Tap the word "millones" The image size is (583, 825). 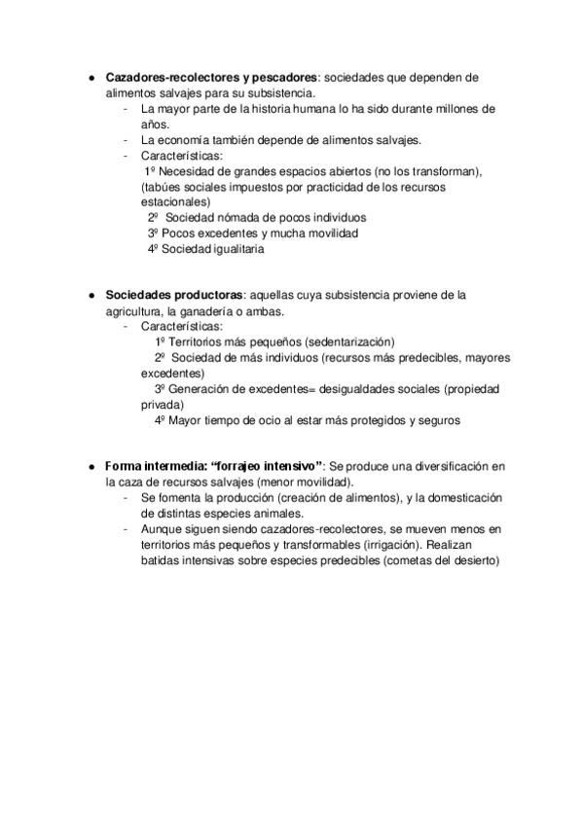click(x=457, y=109)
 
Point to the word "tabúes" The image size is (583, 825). click(x=163, y=187)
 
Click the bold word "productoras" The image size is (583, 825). click(x=209, y=295)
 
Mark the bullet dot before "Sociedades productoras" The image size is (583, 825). click(x=90, y=296)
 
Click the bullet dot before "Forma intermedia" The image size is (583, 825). click(x=90, y=467)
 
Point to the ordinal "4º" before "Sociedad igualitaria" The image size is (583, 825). click(x=153, y=249)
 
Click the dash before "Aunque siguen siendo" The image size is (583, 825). click(x=128, y=529)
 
